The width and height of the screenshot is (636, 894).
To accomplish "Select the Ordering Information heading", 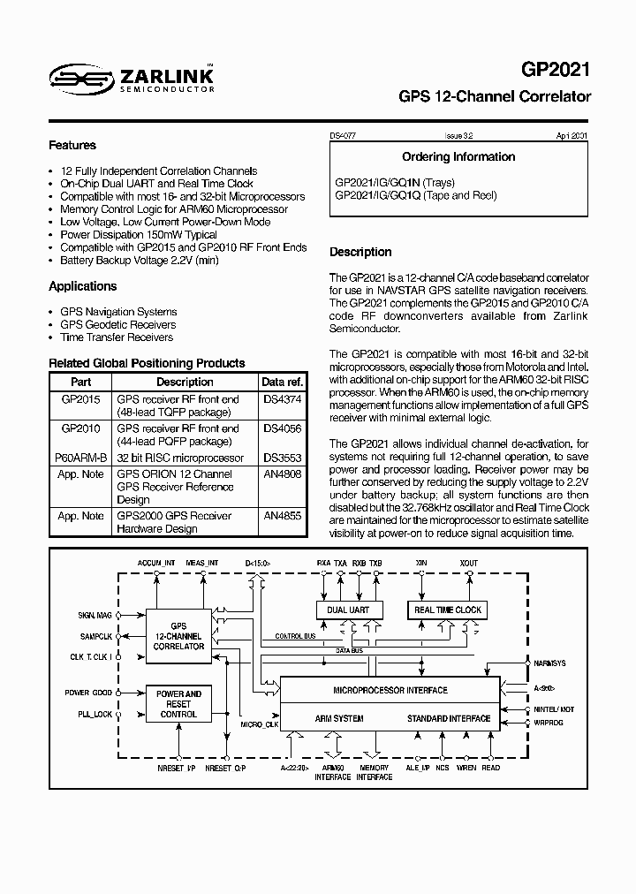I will click(x=458, y=157).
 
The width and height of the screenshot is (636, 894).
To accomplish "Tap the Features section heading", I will click(x=72, y=145).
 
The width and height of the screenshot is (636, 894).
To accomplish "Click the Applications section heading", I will click(x=82, y=286).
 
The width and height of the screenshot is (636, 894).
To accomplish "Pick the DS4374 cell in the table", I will click(x=281, y=399).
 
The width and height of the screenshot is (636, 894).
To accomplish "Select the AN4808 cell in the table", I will click(x=281, y=474).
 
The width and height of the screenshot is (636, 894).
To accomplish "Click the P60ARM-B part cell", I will click(x=80, y=458).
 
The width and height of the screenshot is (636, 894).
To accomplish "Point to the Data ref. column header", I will click(x=282, y=383).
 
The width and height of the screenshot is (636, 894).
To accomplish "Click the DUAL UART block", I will click(x=349, y=610).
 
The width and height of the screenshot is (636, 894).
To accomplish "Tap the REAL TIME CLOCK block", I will click(x=448, y=610).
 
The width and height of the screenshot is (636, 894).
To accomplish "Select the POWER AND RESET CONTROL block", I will click(x=179, y=703).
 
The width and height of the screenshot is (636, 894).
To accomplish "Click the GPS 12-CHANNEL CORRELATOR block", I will click(x=178, y=636).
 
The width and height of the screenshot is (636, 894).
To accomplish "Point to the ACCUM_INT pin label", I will click(x=157, y=562).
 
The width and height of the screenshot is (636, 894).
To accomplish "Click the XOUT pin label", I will click(x=469, y=562).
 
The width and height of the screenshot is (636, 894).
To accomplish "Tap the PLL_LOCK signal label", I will click(x=95, y=714).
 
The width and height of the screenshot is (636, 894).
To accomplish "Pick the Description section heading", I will click(x=360, y=252).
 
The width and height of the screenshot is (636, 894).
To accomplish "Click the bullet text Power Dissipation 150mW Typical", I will click(x=139, y=235).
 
